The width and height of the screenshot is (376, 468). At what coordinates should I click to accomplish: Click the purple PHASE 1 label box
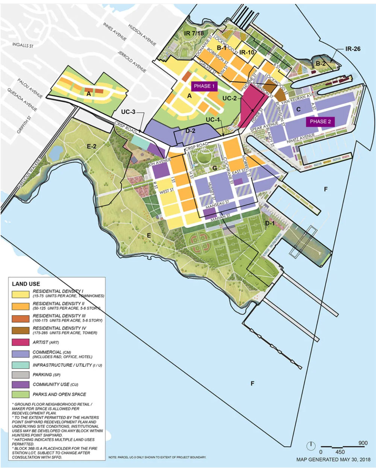(204, 86)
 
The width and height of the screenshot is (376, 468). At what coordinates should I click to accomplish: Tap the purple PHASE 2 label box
(320, 121)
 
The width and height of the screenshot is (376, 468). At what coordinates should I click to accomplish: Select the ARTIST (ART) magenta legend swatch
(20, 342)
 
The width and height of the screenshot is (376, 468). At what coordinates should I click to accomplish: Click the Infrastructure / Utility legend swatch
(20, 365)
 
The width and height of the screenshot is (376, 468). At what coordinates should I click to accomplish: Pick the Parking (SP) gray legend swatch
(20, 375)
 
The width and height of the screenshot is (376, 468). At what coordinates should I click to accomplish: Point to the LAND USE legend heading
(26, 284)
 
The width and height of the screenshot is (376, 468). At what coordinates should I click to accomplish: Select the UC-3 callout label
(127, 112)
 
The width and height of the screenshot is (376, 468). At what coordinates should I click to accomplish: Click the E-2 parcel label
(92, 147)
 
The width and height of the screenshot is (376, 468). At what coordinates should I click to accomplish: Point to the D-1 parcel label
(270, 224)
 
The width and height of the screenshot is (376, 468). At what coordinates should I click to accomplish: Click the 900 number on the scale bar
(362, 443)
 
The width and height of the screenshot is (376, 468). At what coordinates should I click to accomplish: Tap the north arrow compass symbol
(311, 446)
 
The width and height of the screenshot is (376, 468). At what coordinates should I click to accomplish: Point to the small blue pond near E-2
(56, 153)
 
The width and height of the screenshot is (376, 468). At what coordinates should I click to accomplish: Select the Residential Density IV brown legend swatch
(20, 330)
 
